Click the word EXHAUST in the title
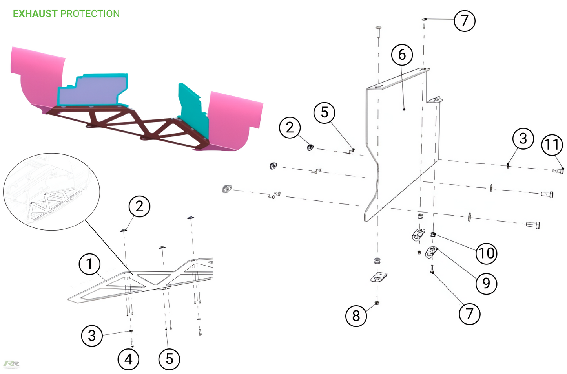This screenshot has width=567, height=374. (35, 14)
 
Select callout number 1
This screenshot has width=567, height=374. (89, 264)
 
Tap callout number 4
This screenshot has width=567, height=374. (128, 359)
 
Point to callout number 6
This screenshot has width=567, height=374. (402, 55)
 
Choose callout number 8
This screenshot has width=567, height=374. (356, 316)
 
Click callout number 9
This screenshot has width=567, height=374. (486, 283)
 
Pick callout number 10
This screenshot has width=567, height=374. (486, 253)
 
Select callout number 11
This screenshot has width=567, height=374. (552, 145)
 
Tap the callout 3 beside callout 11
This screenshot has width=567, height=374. (523, 139)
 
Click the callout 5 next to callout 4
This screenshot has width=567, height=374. (170, 359)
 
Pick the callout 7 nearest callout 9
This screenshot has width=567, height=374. (470, 314)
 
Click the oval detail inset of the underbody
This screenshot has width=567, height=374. (52, 192)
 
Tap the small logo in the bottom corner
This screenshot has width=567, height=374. (11, 364)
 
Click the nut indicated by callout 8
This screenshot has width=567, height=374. (377, 303)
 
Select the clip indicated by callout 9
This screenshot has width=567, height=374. (431, 252)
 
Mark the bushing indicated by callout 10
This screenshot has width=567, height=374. (433, 234)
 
